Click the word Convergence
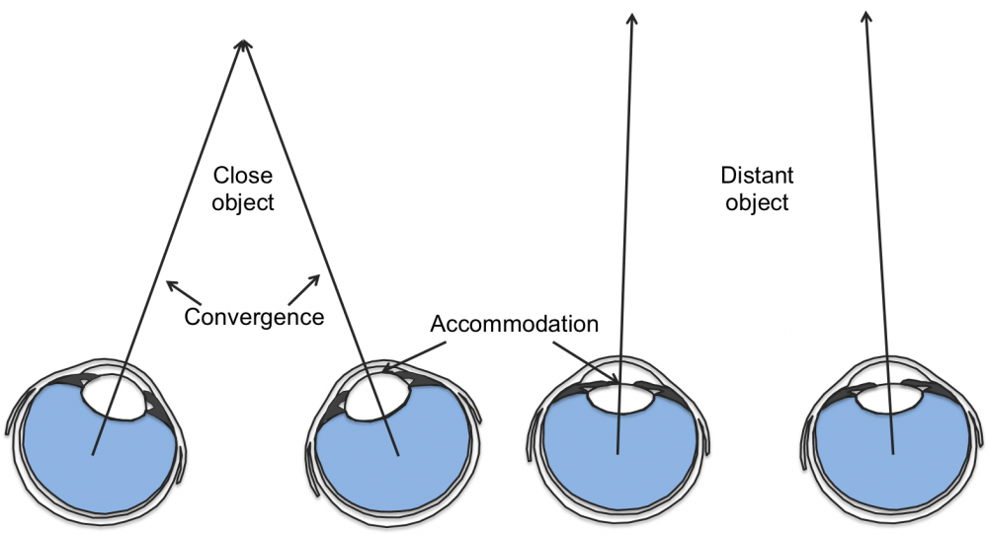pyautogui.click(x=254, y=318)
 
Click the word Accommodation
pyautogui.click(x=515, y=324)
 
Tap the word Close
pyautogui.click(x=243, y=178)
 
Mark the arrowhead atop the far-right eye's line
pyautogui.click(x=867, y=14)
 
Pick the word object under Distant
pyautogui.click(x=758, y=203)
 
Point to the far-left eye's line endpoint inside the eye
pyautogui.click(x=94, y=454)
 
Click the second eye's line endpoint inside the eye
pyautogui.click(x=398, y=454)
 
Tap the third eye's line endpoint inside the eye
pyautogui.click(x=617, y=453)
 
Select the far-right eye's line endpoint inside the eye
pyautogui.click(x=893, y=453)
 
